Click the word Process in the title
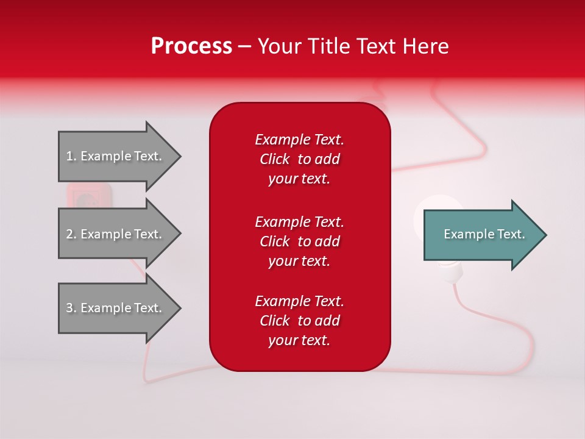click(191, 46)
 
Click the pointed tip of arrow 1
click(179, 156)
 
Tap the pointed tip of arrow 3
click(179, 308)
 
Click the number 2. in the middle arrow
click(71, 234)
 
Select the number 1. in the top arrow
click(71, 156)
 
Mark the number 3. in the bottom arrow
click(71, 308)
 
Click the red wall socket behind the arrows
click(89, 196)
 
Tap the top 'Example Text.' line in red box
click(299, 140)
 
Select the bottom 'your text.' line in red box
click(299, 341)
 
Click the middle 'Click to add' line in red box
click(299, 241)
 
